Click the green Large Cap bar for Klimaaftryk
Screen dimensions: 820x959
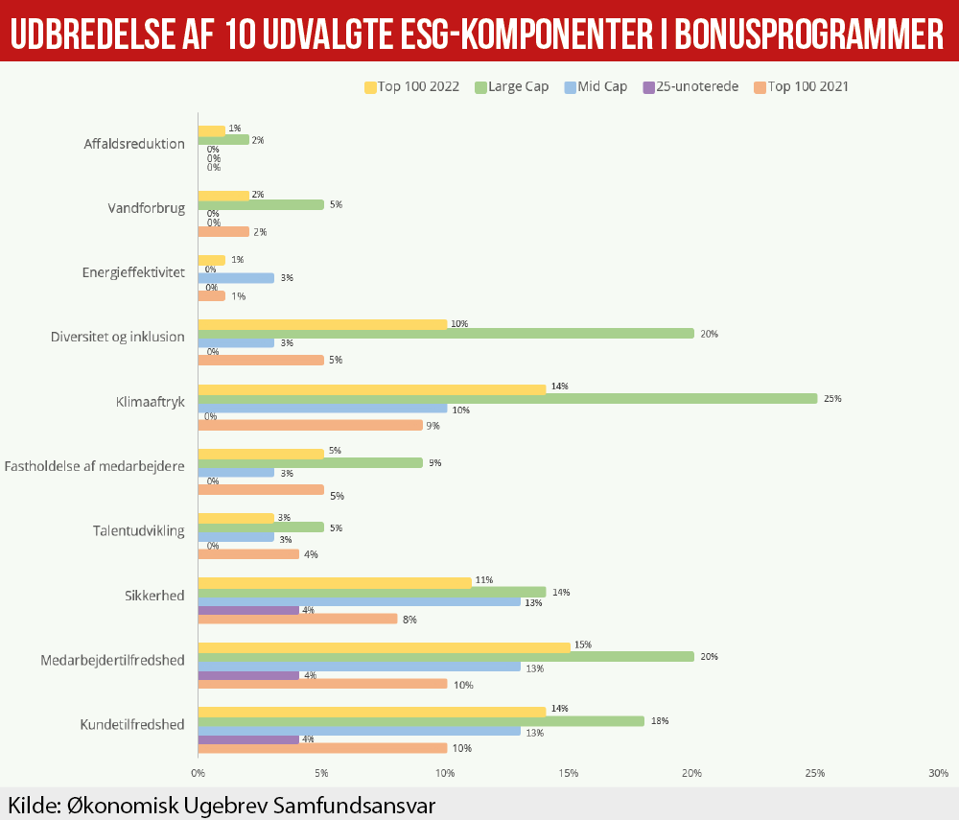point(507,398)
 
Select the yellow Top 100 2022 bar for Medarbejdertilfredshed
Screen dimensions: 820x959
point(384,646)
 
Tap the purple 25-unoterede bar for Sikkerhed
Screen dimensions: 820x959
point(248,610)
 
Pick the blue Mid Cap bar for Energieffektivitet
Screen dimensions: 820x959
point(236,278)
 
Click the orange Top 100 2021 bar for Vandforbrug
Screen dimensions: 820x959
point(223,231)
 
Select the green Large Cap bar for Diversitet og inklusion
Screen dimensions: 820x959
point(446,334)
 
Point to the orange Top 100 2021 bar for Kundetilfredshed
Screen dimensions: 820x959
point(322,748)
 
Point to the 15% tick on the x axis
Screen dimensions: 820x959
point(569,773)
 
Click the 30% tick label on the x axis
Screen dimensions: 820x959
point(938,773)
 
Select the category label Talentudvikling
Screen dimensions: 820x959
point(138,530)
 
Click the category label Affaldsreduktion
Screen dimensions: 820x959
point(133,144)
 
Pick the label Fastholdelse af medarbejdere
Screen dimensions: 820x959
point(94,467)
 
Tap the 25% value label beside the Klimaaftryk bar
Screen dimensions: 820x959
point(832,398)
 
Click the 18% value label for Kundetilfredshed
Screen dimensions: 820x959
point(659,720)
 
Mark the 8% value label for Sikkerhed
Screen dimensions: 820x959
point(409,620)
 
